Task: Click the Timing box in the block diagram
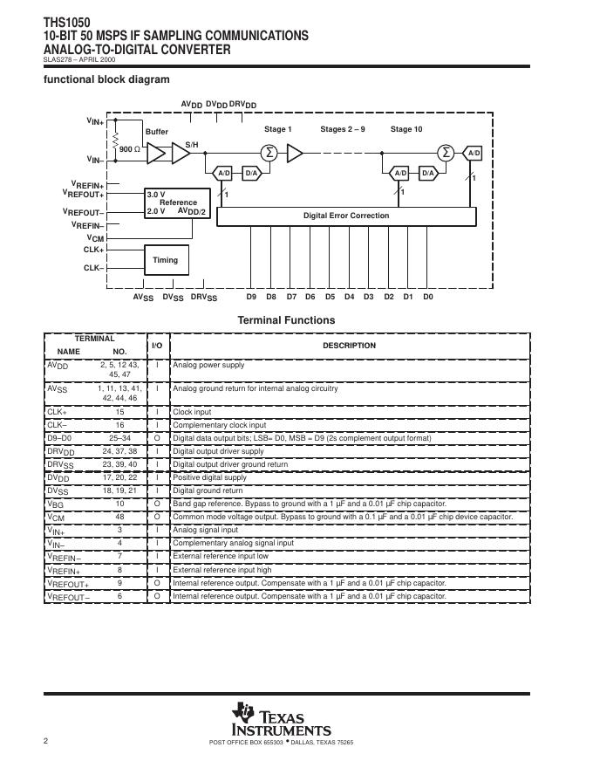tap(166, 260)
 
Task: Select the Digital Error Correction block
tap(345, 216)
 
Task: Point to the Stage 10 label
tap(406, 129)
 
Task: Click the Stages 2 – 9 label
tap(343, 129)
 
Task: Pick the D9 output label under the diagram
tap(251, 298)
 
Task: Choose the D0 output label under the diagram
tap(428, 298)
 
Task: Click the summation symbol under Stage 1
tap(269, 153)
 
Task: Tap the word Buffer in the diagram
tap(157, 132)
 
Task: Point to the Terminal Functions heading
tap(286, 320)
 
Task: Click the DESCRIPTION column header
tap(349, 346)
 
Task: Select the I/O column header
tap(157, 346)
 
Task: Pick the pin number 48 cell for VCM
tap(119, 517)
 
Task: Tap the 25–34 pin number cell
tap(119, 437)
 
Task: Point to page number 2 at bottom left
tap(45, 741)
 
